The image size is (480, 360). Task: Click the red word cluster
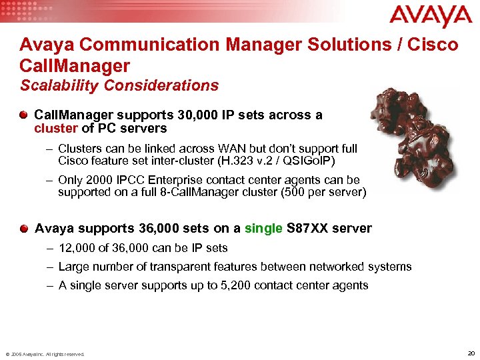pos(55,128)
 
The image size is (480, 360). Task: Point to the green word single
pos(263,229)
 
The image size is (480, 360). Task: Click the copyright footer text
pos(45,354)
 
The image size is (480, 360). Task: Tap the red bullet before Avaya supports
pos(24,229)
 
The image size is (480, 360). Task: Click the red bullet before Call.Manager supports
pos(24,115)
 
